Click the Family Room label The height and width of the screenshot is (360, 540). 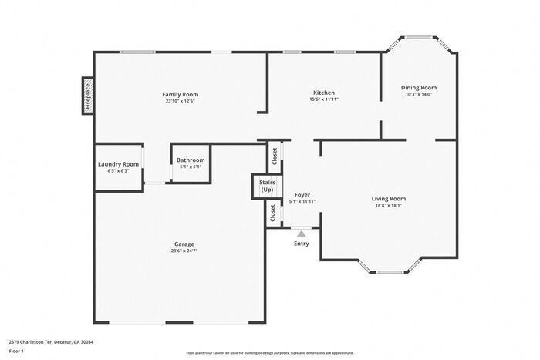click(181, 94)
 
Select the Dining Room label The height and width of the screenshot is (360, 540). click(419, 87)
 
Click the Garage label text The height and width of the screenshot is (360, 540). click(184, 244)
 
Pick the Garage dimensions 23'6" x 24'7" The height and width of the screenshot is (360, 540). click(184, 251)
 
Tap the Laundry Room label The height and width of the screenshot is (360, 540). click(118, 163)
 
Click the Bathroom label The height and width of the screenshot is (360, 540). click(191, 160)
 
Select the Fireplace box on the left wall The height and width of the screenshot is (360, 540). click(87, 96)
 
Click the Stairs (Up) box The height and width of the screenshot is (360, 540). click(267, 186)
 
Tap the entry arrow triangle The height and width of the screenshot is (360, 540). click(302, 234)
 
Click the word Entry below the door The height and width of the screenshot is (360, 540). click(302, 244)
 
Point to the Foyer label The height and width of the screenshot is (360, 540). click(302, 195)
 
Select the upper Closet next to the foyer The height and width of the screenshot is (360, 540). click(275, 156)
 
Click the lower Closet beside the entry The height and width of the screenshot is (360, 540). click(273, 213)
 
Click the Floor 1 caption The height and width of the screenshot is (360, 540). click(17, 351)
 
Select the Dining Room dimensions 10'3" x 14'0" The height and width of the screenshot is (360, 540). click(419, 94)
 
